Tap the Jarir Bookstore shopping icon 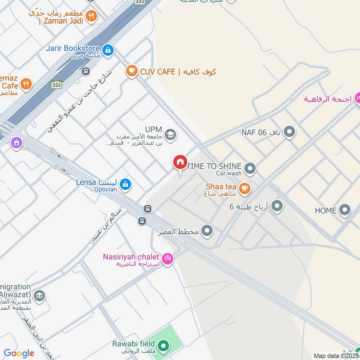point(108,50)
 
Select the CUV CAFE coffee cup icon point(131,71)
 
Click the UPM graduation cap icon point(171,134)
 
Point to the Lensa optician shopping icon point(126,184)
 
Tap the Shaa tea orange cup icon point(244,189)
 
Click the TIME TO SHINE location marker point(250,169)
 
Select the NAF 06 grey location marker point(290,132)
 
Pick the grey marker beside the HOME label point(345,210)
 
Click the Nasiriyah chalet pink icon point(167,259)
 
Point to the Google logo point(19,353)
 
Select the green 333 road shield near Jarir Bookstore point(56,84)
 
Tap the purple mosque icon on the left point(17,143)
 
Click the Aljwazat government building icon point(39,296)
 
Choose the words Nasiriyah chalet point(130,256)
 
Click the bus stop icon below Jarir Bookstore point(86,71)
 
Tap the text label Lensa point(92,182)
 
